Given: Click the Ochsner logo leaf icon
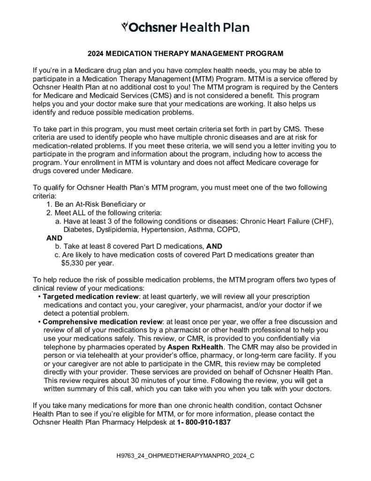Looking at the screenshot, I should coord(124,25).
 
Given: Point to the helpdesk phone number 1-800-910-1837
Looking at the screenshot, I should coord(204,422).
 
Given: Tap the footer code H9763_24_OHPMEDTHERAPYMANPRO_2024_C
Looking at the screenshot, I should coord(186,456).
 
